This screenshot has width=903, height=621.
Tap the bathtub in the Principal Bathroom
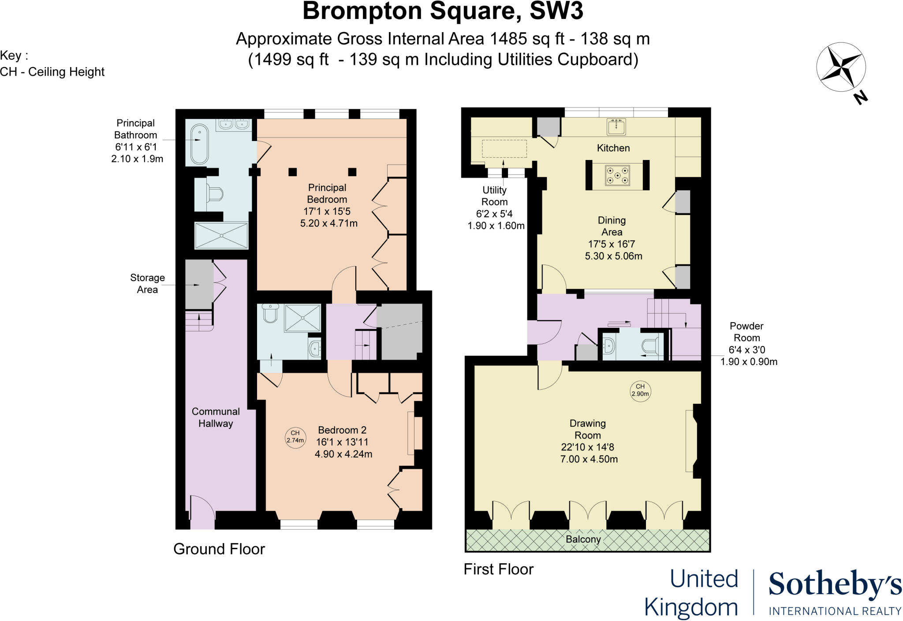click(x=199, y=144)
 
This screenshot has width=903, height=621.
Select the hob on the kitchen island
click(x=617, y=175)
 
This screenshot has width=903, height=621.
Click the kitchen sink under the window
click(x=616, y=126)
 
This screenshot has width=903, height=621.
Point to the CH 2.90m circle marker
click(x=640, y=390)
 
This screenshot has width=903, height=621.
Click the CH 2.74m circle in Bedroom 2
click(x=295, y=437)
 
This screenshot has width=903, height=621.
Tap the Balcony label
click(x=583, y=539)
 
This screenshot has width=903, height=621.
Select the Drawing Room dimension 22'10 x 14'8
click(x=587, y=447)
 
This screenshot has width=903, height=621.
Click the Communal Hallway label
click(x=216, y=417)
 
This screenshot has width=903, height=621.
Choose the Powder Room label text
click(x=746, y=332)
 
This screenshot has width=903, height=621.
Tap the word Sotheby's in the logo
click(x=835, y=585)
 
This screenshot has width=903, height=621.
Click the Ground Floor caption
click(x=219, y=549)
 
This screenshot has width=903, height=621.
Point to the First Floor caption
click(x=498, y=569)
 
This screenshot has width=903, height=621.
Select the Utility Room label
click(x=494, y=196)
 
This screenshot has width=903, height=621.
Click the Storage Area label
click(x=147, y=283)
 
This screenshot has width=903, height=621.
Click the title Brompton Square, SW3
click(x=443, y=11)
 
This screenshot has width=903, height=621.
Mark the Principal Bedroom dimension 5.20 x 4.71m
click(x=328, y=223)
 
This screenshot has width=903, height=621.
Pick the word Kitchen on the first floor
click(x=613, y=148)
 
